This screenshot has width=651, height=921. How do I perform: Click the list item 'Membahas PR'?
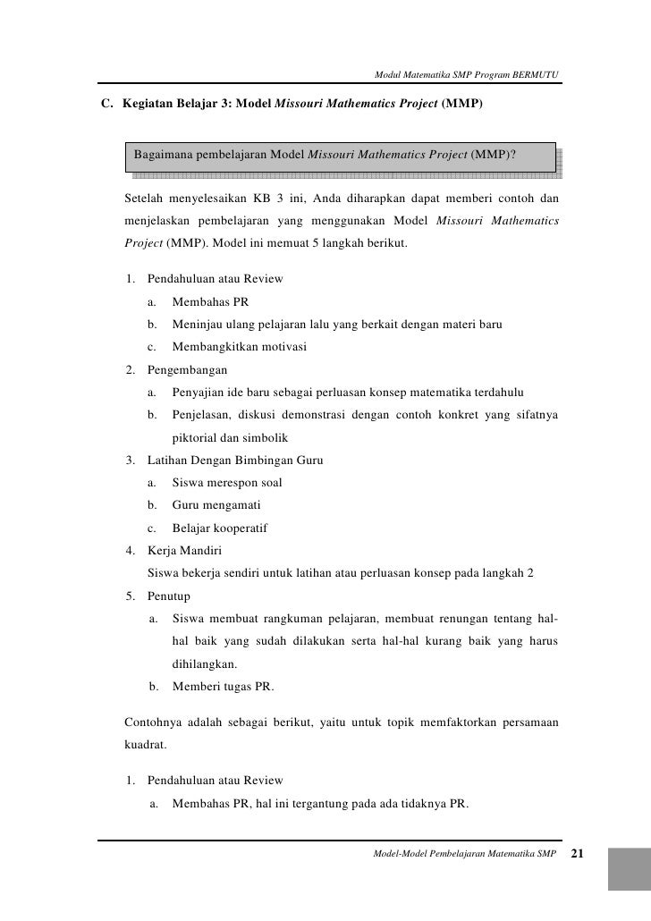click(205, 302)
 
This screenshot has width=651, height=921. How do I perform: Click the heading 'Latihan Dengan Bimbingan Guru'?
click(234, 460)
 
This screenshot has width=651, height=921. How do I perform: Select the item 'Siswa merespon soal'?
click(227, 483)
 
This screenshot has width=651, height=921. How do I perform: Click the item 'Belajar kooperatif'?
click(220, 528)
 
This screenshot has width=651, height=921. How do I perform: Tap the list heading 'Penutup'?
click(168, 596)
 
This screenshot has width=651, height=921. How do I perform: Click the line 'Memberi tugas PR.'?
click(223, 687)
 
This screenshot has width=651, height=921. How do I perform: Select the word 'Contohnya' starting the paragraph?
click(149, 721)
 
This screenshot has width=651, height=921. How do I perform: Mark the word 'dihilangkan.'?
click(205, 664)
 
